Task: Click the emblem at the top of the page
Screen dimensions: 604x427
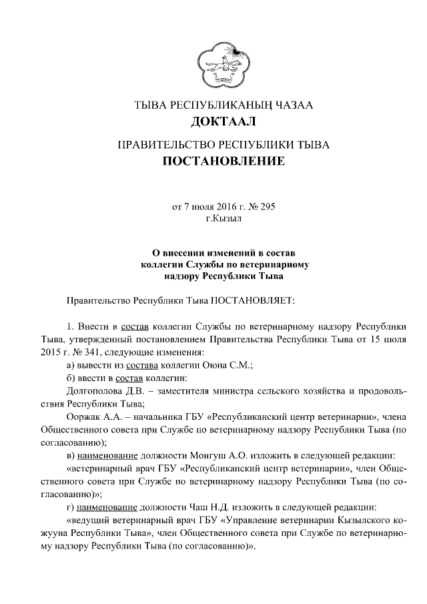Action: (223, 64)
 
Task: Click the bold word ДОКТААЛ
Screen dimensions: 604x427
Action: (223, 121)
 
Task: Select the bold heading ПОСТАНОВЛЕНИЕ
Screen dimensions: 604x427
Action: (224, 161)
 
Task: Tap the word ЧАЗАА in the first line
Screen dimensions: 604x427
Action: (290, 105)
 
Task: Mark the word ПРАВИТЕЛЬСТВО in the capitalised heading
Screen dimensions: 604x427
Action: (161, 144)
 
